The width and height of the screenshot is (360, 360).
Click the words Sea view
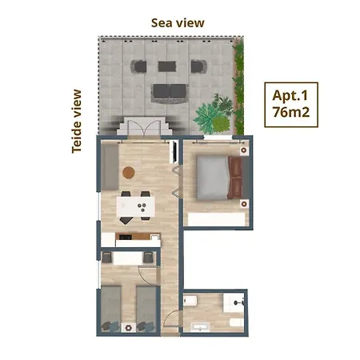click(x=178, y=23)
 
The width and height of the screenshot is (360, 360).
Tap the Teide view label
click(x=77, y=122)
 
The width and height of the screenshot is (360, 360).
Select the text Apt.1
click(x=290, y=96)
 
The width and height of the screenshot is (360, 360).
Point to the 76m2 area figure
click(x=291, y=112)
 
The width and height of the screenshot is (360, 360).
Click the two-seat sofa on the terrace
click(x=170, y=93)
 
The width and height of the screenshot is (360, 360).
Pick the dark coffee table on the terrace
click(x=167, y=66)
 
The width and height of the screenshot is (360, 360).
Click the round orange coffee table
click(x=129, y=173)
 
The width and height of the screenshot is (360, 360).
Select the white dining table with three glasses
click(x=135, y=206)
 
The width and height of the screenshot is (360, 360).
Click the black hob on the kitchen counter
click(x=124, y=237)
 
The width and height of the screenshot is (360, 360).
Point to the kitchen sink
click(x=154, y=237)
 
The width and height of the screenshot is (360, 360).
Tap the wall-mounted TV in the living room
click(x=174, y=151)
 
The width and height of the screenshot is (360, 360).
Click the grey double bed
click(x=219, y=178)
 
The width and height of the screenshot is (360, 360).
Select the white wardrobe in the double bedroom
click(x=216, y=219)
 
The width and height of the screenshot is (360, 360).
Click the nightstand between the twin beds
click(x=129, y=327)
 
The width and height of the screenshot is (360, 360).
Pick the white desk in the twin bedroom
click(x=128, y=258)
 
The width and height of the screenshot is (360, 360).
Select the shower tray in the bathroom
click(x=234, y=302)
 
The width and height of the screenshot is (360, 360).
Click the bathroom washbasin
click(x=200, y=327)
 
